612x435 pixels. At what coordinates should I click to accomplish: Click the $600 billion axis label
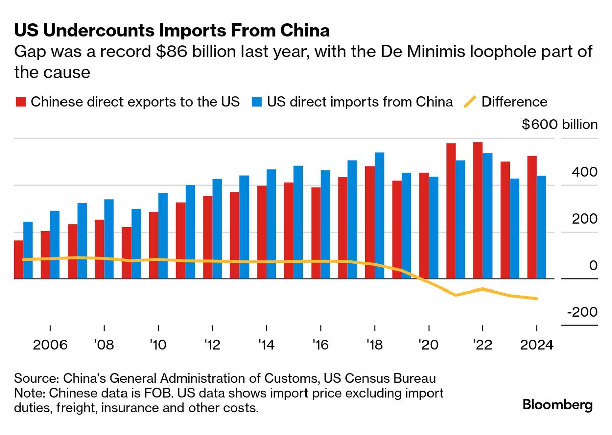tap(560, 125)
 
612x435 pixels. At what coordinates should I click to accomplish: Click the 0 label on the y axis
tap(593, 265)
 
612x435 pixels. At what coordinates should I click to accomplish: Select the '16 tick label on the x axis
tap(321, 345)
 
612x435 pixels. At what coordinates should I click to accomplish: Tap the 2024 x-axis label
tap(536, 345)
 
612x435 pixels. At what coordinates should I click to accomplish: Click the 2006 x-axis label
tap(50, 345)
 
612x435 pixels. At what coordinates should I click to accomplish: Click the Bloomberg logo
tap(558, 405)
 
